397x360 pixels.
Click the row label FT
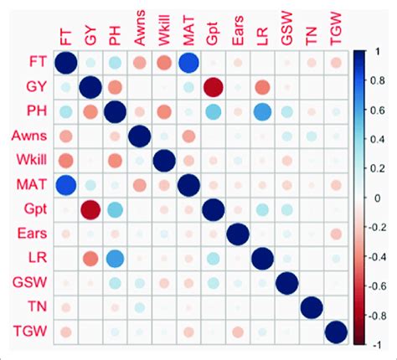(27, 64)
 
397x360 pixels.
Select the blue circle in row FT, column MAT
(188, 64)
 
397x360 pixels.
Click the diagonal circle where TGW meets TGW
(336, 332)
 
